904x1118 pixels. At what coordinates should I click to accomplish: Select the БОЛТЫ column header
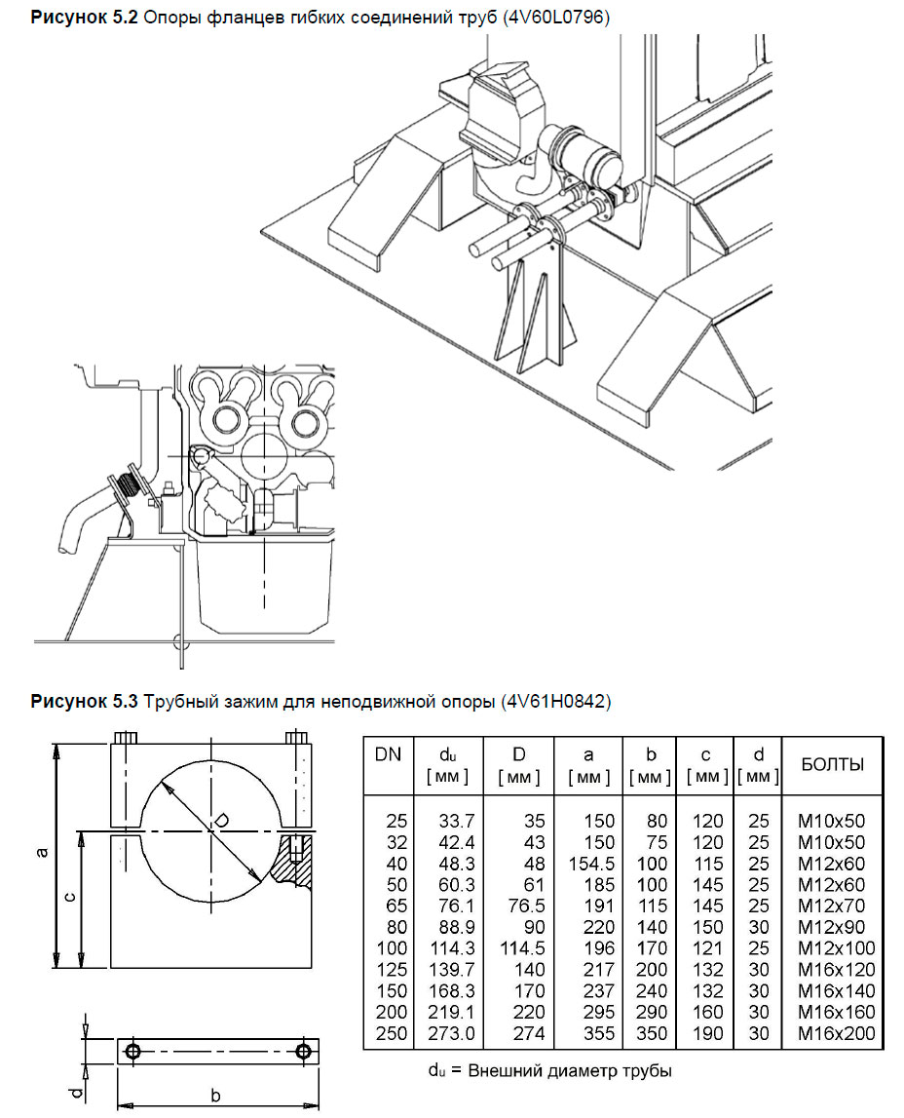tap(832, 764)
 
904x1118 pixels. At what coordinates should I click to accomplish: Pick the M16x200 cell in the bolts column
tap(837, 1033)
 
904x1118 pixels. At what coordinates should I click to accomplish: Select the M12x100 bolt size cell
tap(837, 948)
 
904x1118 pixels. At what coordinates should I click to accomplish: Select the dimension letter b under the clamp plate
tap(215, 1096)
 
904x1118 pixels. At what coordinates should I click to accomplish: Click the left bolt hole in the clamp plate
tap(133, 1051)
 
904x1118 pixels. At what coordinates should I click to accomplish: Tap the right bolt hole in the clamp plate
tap(304, 1051)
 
